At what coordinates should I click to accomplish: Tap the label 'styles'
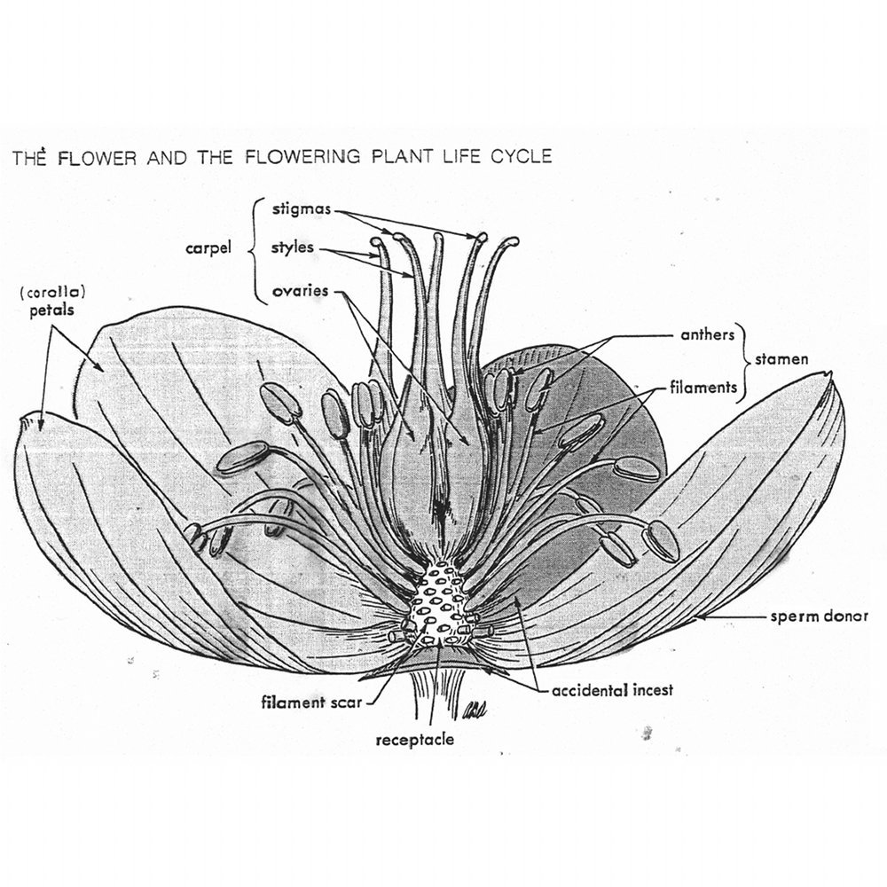(x=293, y=248)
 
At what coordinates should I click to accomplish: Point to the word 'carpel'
(x=209, y=249)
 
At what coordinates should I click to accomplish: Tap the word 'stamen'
(x=782, y=361)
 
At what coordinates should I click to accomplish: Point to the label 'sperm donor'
(x=817, y=613)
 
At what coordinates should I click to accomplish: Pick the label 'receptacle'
(x=415, y=737)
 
